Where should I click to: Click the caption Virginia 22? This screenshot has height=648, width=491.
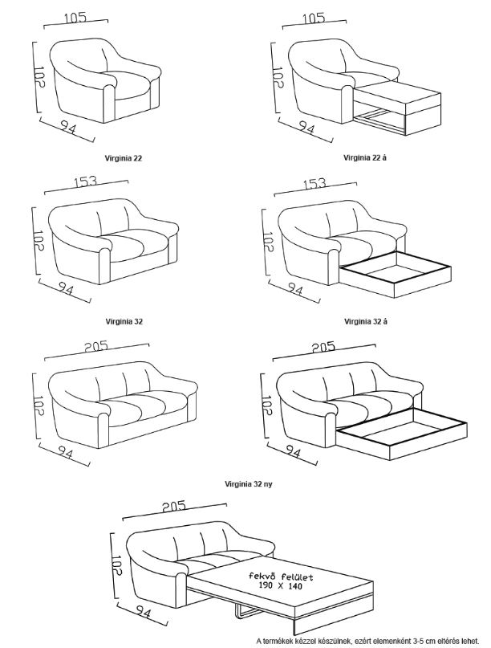click(x=124, y=158)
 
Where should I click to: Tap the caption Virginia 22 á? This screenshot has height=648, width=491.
click(x=365, y=157)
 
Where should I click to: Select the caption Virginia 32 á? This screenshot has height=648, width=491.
click(x=366, y=321)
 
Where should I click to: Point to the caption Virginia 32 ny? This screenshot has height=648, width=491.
click(x=249, y=484)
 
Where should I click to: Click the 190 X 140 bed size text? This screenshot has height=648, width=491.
click(x=281, y=586)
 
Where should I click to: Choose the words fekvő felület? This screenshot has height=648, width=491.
click(x=281, y=577)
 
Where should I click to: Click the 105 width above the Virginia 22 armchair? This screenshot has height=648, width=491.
click(x=75, y=18)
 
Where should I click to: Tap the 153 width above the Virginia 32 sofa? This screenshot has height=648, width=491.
click(x=86, y=181)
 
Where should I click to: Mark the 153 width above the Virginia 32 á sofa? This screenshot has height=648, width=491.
click(x=314, y=183)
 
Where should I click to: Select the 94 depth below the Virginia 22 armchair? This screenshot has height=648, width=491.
click(x=68, y=128)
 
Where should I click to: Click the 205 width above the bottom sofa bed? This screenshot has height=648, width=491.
click(x=174, y=506)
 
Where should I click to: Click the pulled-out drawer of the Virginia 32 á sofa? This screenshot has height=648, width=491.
click(x=396, y=275)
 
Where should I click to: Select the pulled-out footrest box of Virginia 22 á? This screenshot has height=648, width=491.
click(x=398, y=108)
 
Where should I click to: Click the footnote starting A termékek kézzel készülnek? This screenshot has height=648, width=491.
click(x=367, y=641)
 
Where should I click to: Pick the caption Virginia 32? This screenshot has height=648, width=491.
click(x=124, y=321)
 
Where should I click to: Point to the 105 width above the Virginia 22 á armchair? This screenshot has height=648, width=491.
click(x=314, y=18)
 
